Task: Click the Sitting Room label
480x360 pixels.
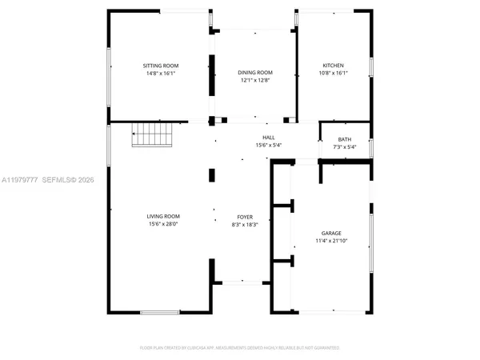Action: (161, 66)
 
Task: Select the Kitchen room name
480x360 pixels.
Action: (334, 66)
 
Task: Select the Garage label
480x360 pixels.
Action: (332, 233)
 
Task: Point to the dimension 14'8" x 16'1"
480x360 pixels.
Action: (161, 73)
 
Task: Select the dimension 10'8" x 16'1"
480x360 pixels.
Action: (334, 73)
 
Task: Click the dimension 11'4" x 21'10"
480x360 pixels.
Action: (332, 240)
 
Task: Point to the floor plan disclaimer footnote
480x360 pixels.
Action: (240, 348)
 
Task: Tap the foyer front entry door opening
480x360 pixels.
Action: (239, 281)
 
